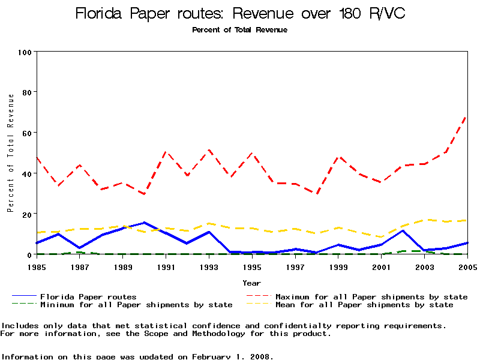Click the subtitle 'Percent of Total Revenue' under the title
coord(239,30)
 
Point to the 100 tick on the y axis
coord(25,52)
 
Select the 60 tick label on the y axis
coord(27,133)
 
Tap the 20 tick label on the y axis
coord(27,214)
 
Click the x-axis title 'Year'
coord(251,283)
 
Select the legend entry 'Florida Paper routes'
coord(88,296)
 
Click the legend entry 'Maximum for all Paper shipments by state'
coord(371,296)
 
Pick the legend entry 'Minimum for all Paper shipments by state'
coord(136,305)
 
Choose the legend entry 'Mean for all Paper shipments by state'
coord(364,305)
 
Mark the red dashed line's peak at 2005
coord(467,115)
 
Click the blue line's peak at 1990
coord(144,223)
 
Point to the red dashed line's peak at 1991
coord(166,152)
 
